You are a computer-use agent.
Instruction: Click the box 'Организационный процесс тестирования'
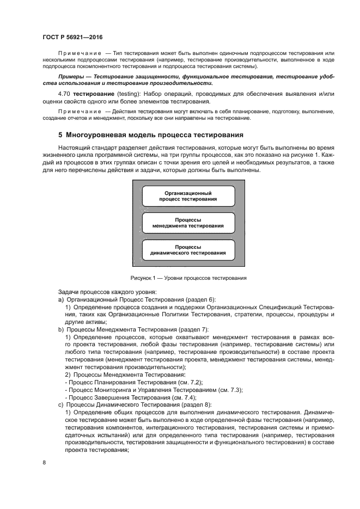coord(188,196)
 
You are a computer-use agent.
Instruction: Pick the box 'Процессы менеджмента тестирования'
coord(188,223)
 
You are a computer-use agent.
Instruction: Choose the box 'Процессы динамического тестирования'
coord(188,250)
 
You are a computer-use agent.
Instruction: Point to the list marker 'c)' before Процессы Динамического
coord(60,405)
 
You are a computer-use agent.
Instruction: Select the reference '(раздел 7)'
coord(186,330)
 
